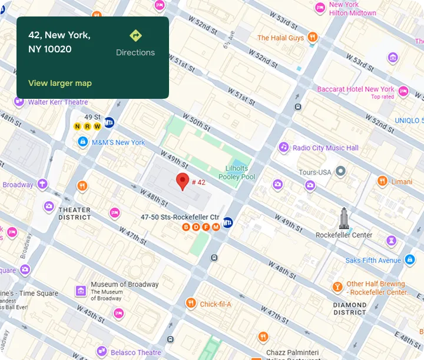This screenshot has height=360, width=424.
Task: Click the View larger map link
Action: click(x=60, y=83)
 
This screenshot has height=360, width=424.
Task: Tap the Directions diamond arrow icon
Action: click(x=135, y=36)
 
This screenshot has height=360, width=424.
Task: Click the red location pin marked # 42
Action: click(x=183, y=181)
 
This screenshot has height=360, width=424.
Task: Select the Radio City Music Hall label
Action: click(x=325, y=148)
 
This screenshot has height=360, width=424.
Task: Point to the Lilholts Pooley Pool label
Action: click(x=237, y=172)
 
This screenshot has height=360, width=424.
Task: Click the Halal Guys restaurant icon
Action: click(x=313, y=38)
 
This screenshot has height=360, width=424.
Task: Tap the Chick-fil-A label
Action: click(x=216, y=304)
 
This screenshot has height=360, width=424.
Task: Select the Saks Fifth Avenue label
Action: click(x=373, y=260)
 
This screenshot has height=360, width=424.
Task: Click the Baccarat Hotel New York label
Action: click(x=356, y=89)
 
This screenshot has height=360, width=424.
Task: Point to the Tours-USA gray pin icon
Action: click(x=340, y=172)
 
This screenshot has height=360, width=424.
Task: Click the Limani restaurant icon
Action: click(x=382, y=181)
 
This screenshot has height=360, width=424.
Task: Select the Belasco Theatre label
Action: click(x=137, y=352)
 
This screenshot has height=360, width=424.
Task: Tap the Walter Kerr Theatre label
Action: click(x=58, y=102)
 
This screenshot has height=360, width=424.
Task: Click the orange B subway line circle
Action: click(x=186, y=227)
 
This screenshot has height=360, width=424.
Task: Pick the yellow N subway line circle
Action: click(x=77, y=126)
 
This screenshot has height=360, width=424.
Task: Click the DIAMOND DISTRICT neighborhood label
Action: click(x=350, y=309)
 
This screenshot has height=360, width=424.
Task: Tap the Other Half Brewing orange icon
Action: click(x=337, y=287)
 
